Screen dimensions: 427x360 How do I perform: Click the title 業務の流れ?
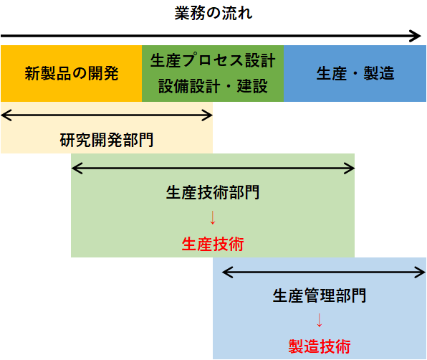[x=214, y=13]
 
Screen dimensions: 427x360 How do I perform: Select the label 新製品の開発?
[x=72, y=73]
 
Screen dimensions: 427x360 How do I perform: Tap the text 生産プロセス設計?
[x=213, y=60]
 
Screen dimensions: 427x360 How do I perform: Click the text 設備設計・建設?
[x=213, y=86]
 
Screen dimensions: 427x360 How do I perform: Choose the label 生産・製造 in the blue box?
[x=355, y=73]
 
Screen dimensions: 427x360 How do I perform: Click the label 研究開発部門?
[x=107, y=140]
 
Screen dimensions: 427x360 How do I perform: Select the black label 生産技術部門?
[x=213, y=192]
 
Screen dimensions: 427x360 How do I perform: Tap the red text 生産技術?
[x=213, y=244]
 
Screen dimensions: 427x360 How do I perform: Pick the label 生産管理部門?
[x=320, y=295]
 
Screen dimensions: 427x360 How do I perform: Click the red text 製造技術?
[x=320, y=346]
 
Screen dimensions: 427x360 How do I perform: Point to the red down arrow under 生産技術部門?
[x=213, y=218]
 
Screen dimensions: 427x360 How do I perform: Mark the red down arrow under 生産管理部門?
[x=320, y=321]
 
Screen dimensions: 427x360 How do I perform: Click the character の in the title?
[x=214, y=14]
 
